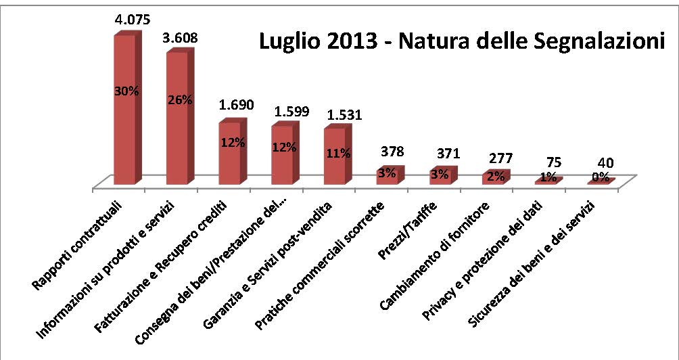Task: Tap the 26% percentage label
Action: click(179, 99)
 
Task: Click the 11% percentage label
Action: click(337, 153)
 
